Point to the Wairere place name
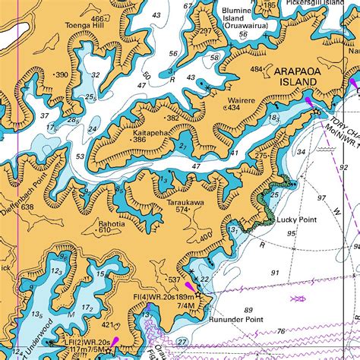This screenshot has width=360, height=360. (241, 99)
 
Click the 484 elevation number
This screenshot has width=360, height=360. (256, 70)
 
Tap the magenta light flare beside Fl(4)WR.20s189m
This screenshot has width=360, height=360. (209, 287)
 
